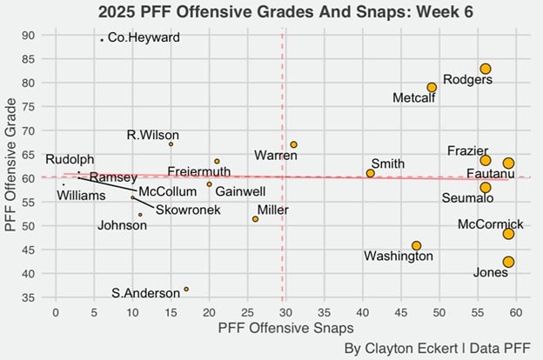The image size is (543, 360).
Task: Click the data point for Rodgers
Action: pos(486,69)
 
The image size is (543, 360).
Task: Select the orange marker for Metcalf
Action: pos(432,87)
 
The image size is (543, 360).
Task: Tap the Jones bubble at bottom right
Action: pos(508,262)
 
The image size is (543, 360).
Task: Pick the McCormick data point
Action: pos(508,234)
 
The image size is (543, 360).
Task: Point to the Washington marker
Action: pos(416,246)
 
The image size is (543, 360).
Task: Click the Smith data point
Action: pos(370,173)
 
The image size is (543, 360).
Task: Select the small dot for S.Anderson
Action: pos(186,290)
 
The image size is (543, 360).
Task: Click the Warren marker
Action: pos(293,144)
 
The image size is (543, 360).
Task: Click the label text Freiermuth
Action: pos(199,171)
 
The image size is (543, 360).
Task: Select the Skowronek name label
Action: pos(188,210)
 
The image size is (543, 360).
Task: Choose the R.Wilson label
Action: pos(153,135)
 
